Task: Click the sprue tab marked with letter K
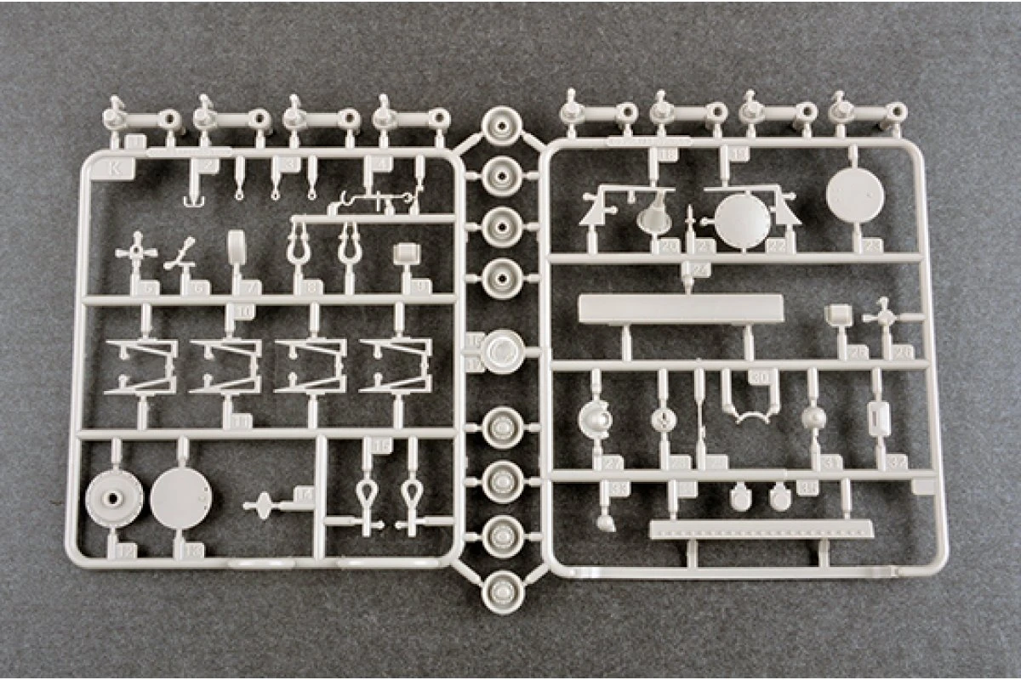pyautogui.click(x=115, y=167)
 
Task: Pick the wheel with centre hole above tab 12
pyautogui.click(x=114, y=496)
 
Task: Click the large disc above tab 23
pyautogui.click(x=854, y=194)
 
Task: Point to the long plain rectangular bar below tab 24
pyautogui.click(x=681, y=309)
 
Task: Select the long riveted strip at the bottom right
pyautogui.click(x=761, y=529)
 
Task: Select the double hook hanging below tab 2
pyautogui.click(x=195, y=201)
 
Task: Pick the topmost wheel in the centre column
pyautogui.click(x=502, y=127)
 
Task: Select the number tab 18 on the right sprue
pyautogui.click(x=667, y=153)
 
